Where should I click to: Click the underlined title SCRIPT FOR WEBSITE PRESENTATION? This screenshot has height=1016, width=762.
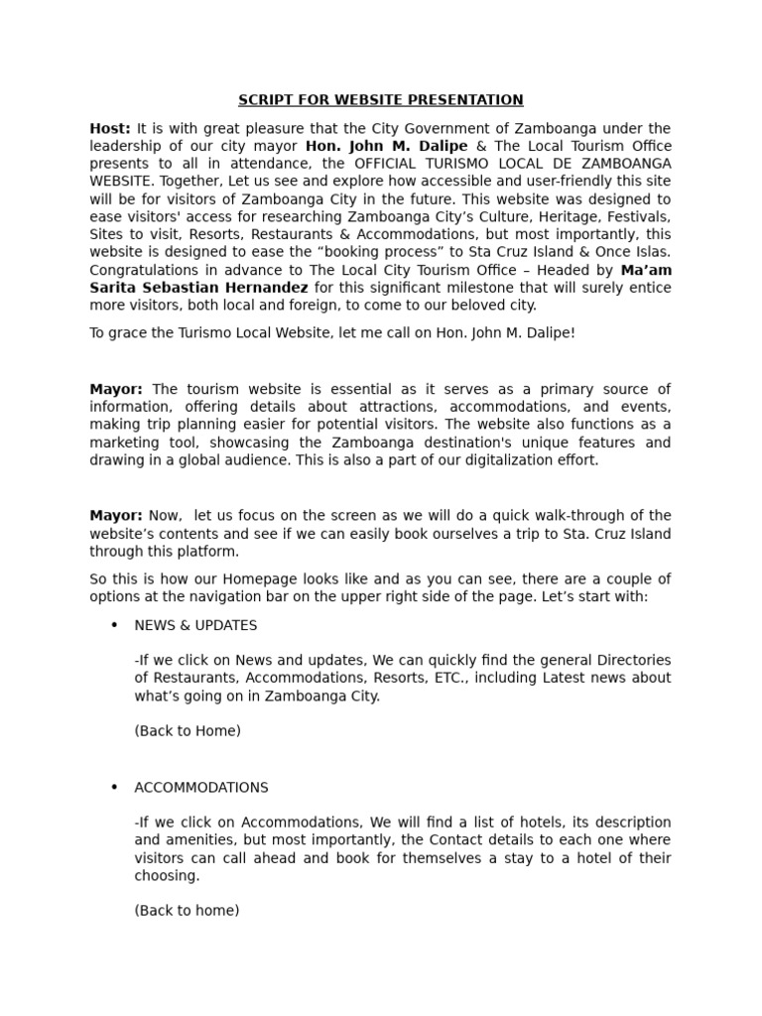[x=380, y=100]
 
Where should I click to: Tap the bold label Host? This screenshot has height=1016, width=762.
[x=110, y=129]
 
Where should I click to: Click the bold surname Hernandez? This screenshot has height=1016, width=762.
[x=260, y=288]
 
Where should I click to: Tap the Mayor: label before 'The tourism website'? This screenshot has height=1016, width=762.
[x=116, y=389]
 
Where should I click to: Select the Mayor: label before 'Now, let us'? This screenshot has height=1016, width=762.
[x=116, y=516]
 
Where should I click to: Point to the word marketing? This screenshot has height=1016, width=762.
[x=128, y=443]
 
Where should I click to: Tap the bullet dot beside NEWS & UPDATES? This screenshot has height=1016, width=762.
[x=114, y=625]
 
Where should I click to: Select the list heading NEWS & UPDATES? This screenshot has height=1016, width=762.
[x=195, y=626]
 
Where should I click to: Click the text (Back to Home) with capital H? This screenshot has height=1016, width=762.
[x=188, y=731]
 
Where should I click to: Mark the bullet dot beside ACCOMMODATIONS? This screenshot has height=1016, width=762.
[x=114, y=787]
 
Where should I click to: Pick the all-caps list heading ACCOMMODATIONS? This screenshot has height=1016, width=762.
[x=201, y=788]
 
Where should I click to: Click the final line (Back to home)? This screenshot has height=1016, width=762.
[x=187, y=910]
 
